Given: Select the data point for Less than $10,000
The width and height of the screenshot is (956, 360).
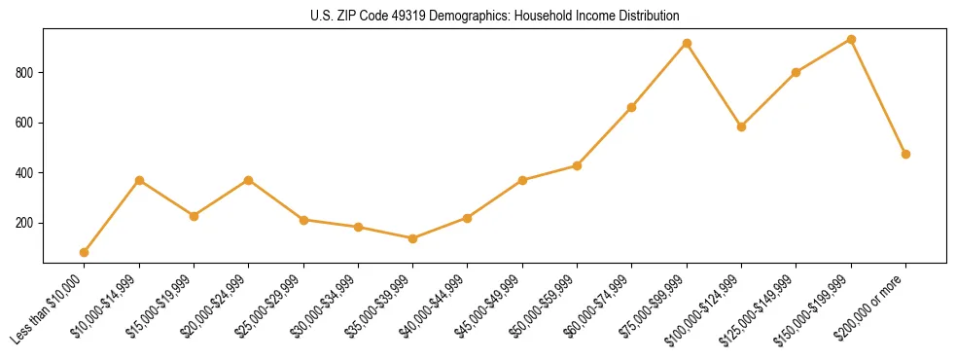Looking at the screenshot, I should coord(85,252).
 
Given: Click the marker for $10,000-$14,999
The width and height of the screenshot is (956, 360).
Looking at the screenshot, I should coord(139,180).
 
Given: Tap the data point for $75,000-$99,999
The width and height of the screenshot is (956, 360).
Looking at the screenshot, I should coord(687,43).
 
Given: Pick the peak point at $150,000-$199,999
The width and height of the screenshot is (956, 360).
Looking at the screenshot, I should coord(851,39).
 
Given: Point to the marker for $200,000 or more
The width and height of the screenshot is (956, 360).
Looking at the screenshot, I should coord(905,154).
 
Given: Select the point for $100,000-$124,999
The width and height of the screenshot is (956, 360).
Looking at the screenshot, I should coord(741,126).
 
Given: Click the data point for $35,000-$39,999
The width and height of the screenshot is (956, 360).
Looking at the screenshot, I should coord(413,238).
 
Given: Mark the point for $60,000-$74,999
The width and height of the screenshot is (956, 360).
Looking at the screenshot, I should coord(632,107).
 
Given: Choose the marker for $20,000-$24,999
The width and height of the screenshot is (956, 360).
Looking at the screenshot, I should coord(249,180).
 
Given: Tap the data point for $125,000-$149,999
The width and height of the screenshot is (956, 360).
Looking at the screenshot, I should coord(797,72).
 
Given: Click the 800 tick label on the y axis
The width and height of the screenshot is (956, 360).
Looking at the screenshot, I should coord(26,72).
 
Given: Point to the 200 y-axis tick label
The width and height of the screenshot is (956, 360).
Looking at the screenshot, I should coord(26,223).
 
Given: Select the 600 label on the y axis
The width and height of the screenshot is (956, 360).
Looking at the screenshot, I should coord(26,123).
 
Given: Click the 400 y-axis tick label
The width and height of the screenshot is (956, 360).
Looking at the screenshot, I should coord(26,173).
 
